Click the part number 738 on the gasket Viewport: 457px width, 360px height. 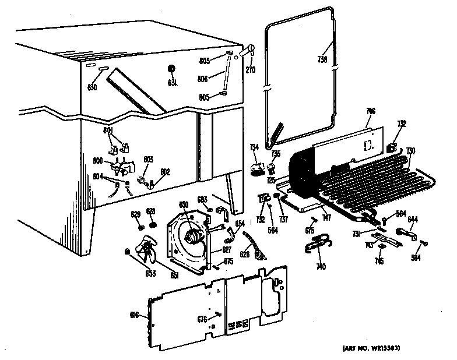(322, 59)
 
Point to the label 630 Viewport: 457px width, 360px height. (92, 87)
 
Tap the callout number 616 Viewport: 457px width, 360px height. (134, 315)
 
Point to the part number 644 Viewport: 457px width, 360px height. (413, 220)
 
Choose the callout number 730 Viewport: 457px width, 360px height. (410, 151)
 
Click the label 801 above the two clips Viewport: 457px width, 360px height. (109, 130)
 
